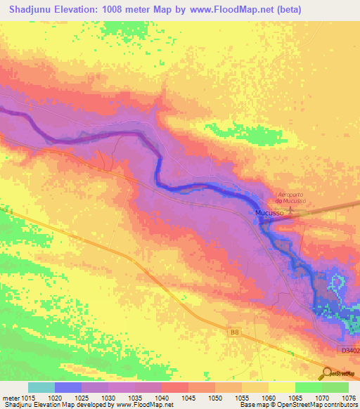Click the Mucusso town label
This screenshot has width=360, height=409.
[x=269, y=212]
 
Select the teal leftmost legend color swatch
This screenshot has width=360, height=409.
[x=41, y=387]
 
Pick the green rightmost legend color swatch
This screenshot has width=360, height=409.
[x=335, y=387]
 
